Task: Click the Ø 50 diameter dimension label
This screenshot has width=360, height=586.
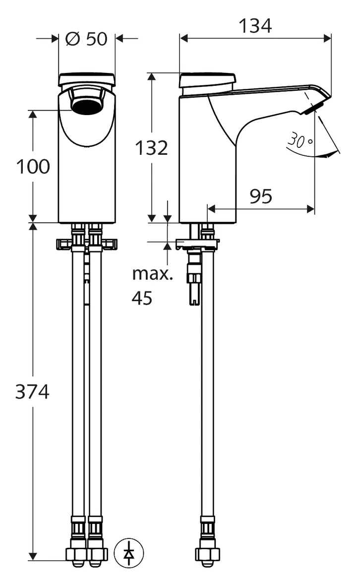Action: click(x=86, y=39)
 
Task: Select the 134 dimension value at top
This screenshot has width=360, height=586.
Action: click(x=256, y=26)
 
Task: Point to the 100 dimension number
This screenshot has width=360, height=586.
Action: click(x=33, y=167)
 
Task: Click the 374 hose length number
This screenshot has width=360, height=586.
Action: click(x=32, y=392)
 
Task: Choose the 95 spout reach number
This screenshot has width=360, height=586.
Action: click(x=261, y=196)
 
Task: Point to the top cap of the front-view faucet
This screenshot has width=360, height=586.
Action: click(x=87, y=79)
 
